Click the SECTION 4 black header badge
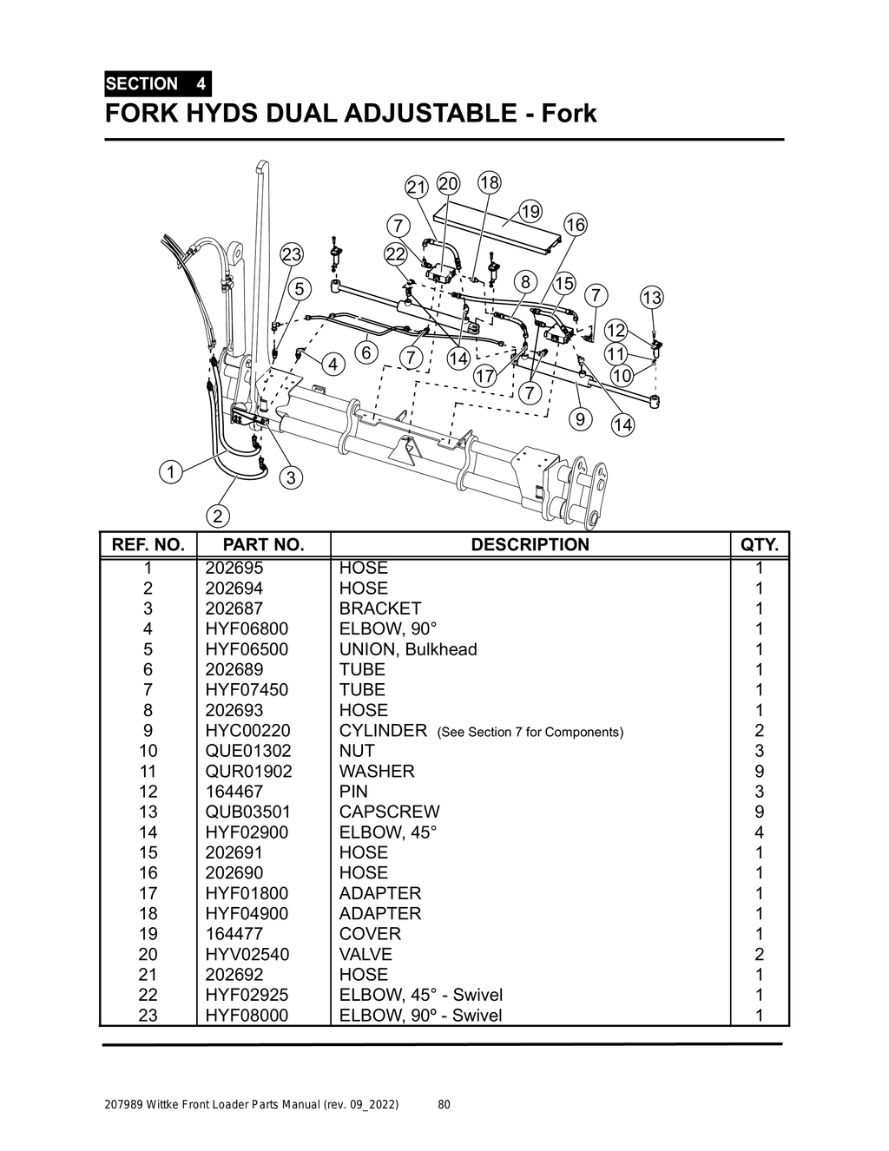click(157, 84)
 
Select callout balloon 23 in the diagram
click(292, 254)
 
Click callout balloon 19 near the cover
click(530, 212)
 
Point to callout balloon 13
click(651, 298)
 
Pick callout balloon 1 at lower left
click(170, 472)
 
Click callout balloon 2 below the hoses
click(217, 516)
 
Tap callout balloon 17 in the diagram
click(484, 376)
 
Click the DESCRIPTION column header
click(530, 545)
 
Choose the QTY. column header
click(760, 545)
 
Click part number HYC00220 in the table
click(247, 731)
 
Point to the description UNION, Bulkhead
click(408, 649)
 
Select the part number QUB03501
click(248, 812)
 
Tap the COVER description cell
click(370, 934)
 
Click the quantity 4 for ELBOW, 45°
click(760, 832)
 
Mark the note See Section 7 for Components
click(530, 732)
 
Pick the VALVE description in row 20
click(365, 954)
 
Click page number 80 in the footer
click(444, 1105)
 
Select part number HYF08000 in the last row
click(247, 1016)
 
